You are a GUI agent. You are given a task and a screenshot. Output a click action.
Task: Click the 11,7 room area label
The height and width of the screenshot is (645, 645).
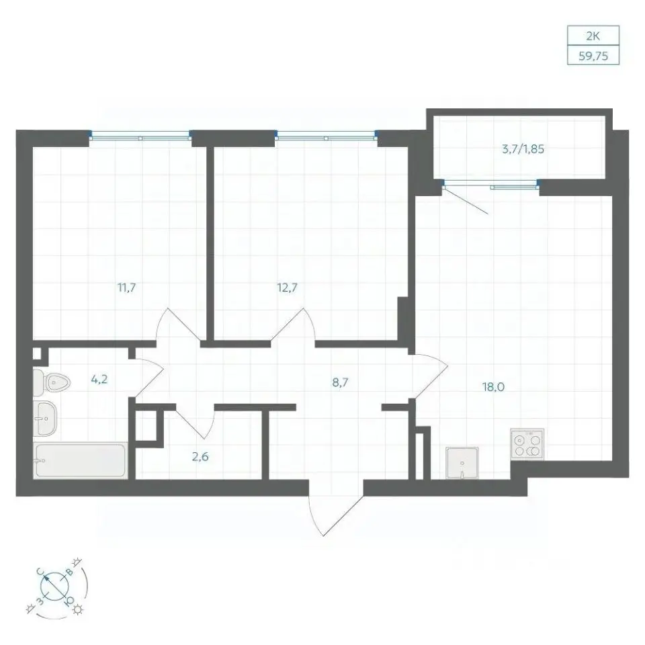pyautogui.click(x=127, y=288)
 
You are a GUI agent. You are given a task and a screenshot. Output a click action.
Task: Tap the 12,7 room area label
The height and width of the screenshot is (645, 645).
pyautogui.click(x=287, y=288)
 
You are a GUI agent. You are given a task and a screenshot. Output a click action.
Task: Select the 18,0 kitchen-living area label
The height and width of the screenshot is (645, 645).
pyautogui.click(x=493, y=387)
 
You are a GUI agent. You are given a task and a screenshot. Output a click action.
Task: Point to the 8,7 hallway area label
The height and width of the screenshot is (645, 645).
pyautogui.click(x=340, y=382)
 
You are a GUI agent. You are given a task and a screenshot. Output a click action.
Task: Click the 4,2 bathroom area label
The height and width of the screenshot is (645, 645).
pyautogui.click(x=99, y=379)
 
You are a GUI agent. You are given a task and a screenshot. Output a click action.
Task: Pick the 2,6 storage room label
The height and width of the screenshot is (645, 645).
pyautogui.click(x=200, y=456)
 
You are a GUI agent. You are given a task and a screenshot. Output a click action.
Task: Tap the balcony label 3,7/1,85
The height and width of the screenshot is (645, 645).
pyautogui.click(x=523, y=149)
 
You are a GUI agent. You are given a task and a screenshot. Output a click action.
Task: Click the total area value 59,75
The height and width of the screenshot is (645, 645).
pyautogui.click(x=593, y=56)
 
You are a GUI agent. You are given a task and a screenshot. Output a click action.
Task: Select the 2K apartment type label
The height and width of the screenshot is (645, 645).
pyautogui.click(x=593, y=36)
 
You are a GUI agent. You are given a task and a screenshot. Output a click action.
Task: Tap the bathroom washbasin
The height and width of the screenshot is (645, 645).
pyautogui.click(x=45, y=419)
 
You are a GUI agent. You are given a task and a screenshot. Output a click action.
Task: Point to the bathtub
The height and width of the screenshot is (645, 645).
pyautogui.click(x=80, y=461)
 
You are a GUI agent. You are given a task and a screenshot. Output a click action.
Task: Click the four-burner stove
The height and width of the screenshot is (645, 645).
pyautogui.click(x=527, y=444)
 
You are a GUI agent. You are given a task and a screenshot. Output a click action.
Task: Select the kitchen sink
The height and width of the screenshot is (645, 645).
pyautogui.click(x=462, y=464)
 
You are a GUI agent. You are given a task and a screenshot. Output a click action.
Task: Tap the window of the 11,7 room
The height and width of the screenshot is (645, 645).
pyautogui.click(x=140, y=135)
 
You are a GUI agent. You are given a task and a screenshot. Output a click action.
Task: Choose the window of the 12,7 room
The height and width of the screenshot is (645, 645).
pyautogui.click(x=327, y=135)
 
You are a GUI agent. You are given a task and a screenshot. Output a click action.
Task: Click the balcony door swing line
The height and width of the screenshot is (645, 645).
pyautogui.click(x=466, y=200)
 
